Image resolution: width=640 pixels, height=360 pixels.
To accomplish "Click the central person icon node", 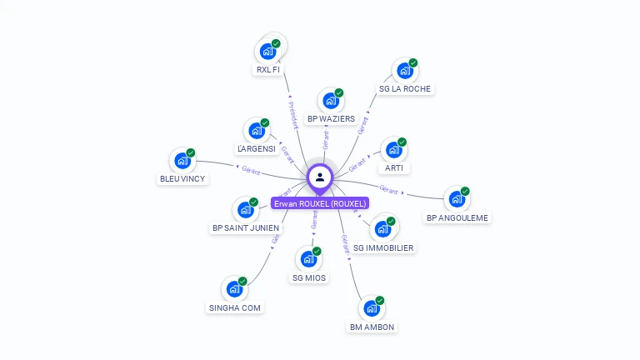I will click(320, 177).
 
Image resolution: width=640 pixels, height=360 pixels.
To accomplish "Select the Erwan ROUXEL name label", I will click(320, 203).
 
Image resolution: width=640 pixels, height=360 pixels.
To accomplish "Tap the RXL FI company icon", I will click(267, 51).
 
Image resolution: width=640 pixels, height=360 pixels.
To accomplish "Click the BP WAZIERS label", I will click(331, 119).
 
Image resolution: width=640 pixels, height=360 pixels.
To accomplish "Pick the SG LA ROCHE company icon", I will click(405, 70).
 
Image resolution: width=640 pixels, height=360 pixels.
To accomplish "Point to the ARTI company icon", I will click(393, 150).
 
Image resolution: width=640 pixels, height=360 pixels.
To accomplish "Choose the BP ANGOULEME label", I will click(457, 218).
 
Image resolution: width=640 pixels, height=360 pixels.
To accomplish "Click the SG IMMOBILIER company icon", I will click(382, 228).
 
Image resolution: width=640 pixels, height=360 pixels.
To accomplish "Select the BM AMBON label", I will click(372, 327).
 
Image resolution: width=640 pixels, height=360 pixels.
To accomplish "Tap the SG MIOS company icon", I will click(309, 258).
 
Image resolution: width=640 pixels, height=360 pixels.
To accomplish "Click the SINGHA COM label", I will click(234, 308).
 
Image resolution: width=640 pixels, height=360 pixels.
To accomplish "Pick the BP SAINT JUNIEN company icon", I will click(246, 208).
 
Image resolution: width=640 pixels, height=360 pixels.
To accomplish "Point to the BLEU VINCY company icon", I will click(182, 161).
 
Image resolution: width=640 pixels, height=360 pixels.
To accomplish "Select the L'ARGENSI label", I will click(256, 149).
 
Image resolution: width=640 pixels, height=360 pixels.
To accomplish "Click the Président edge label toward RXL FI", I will click(292, 115).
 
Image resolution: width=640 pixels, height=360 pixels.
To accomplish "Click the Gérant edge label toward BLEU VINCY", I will click(251, 171).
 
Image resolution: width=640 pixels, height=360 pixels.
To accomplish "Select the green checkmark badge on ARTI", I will click(402, 142).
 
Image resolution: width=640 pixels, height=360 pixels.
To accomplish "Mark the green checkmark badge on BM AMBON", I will click(380, 300).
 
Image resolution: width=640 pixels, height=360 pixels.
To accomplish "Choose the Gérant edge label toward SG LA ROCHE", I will click(362, 125).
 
